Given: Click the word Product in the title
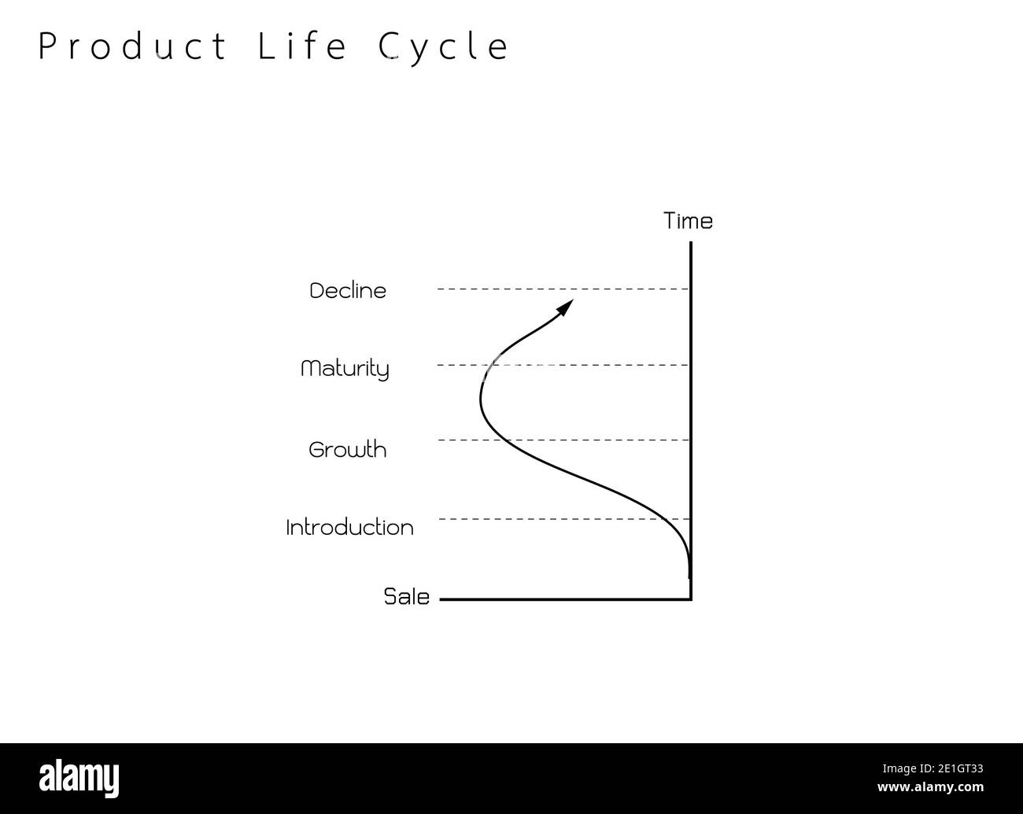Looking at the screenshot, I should [132, 47].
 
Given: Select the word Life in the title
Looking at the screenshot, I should [303, 47].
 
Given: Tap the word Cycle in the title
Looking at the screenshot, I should [444, 47].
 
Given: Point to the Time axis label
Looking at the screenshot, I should [688, 221].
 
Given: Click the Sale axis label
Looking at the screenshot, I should [407, 597].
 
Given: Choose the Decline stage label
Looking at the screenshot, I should [348, 290].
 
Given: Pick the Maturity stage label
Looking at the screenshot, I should [345, 368].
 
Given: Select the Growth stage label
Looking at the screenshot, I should [348, 450].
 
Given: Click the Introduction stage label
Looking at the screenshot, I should [349, 527].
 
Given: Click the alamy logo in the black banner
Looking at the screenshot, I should [79, 777].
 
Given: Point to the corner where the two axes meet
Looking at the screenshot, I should [690, 599].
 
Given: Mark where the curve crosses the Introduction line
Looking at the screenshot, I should [669, 519].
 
